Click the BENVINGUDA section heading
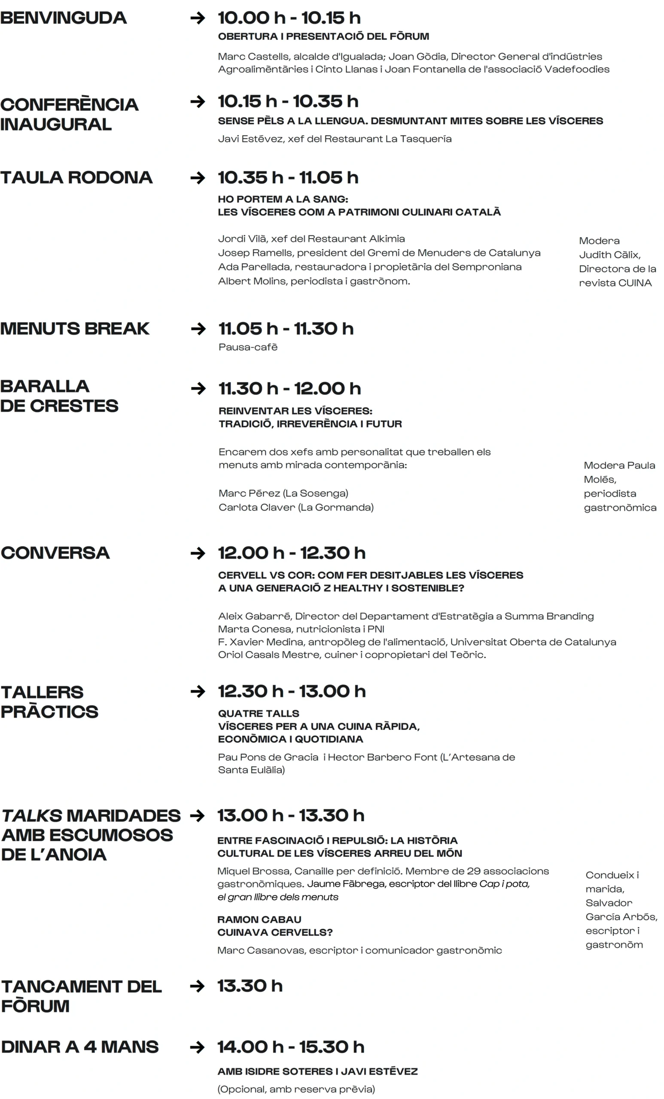[x=64, y=18]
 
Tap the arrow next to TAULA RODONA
[x=198, y=178]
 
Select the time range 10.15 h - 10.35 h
[x=288, y=102]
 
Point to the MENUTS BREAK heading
[x=75, y=329]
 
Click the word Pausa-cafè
[x=248, y=347]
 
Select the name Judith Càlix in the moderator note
[x=609, y=255]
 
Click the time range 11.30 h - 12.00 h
[x=289, y=389]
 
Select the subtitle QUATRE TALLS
[x=259, y=713]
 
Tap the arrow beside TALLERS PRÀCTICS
[x=198, y=692]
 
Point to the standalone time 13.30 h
[x=250, y=986]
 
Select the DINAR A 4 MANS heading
[x=80, y=1047]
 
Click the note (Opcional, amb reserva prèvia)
[x=296, y=1089]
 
